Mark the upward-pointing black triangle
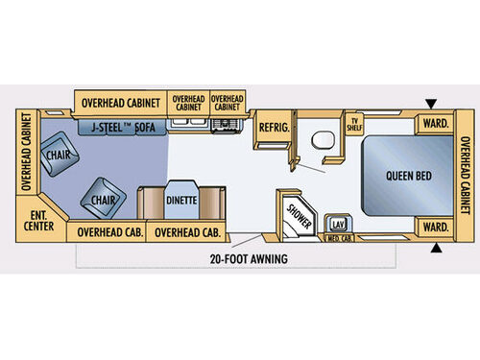[x=439, y=249]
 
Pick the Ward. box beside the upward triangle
[x=435, y=228]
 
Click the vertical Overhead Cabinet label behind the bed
[x=465, y=177]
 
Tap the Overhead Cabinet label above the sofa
[x=119, y=102]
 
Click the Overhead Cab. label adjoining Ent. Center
[x=105, y=231]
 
